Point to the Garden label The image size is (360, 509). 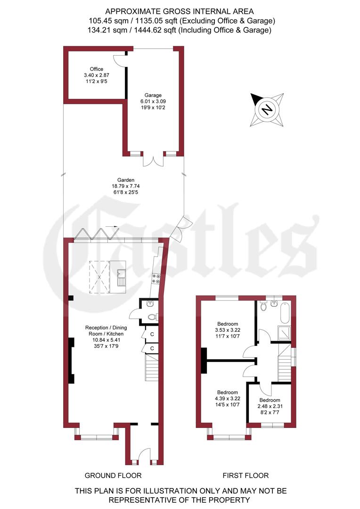tap(126, 180)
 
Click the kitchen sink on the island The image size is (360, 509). tap(121, 278)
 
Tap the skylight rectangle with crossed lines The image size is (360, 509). tap(99, 277)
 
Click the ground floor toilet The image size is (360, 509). tap(151, 317)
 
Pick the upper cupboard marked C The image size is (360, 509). tap(152, 334)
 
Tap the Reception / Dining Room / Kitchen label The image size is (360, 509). tap(104, 331)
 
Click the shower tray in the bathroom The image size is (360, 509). tap(285, 333)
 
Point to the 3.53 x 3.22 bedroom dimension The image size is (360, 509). tap(228, 330)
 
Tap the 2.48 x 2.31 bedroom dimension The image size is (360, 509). tap(269, 406)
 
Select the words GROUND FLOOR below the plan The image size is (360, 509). tap(113, 476)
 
